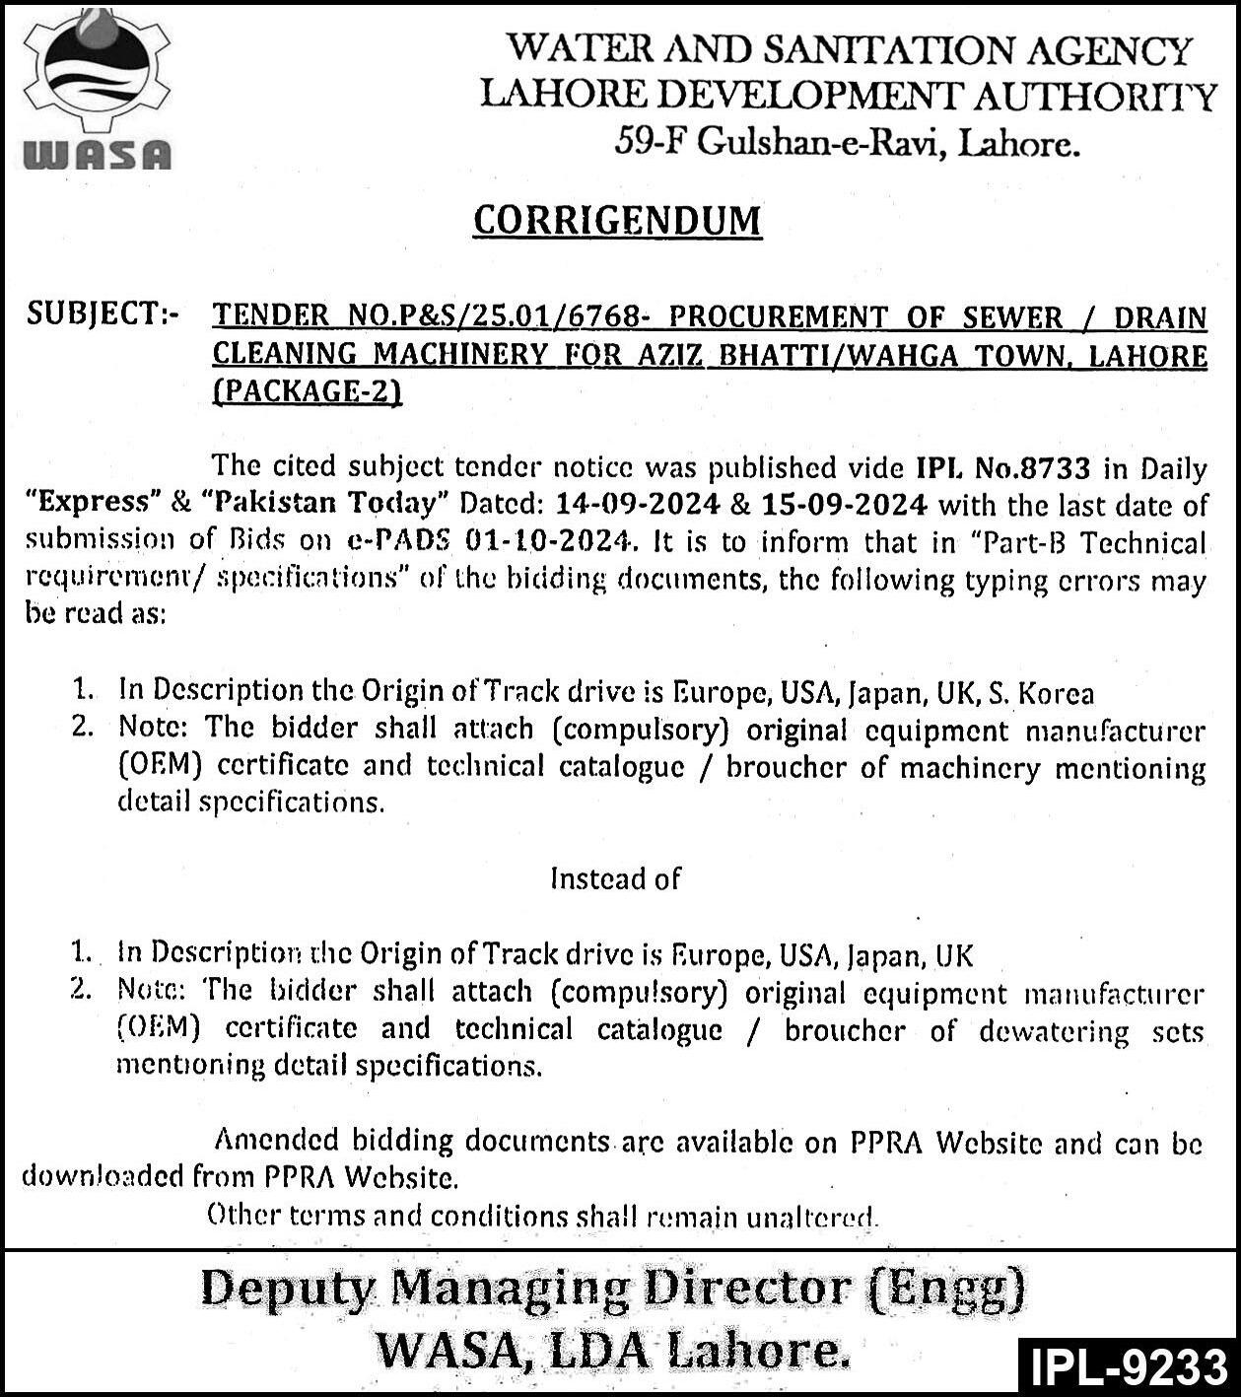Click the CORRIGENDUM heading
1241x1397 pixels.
(x=617, y=221)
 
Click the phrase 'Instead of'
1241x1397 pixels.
(x=615, y=877)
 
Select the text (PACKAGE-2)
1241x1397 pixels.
(x=308, y=391)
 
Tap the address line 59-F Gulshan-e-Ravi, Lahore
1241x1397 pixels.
(x=847, y=144)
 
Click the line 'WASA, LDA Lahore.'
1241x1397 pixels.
(x=613, y=1351)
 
